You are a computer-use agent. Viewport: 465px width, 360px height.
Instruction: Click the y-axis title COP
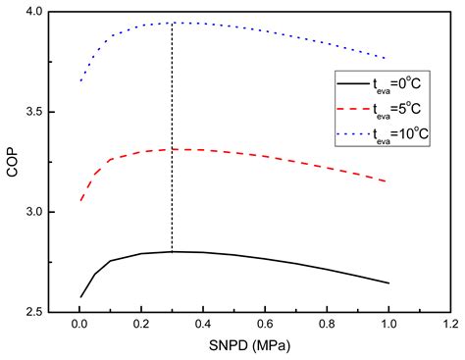coord(13,162)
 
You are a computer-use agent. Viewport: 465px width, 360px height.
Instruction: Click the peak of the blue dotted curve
coord(173,23)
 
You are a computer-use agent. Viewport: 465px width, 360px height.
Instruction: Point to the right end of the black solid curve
coord(389,283)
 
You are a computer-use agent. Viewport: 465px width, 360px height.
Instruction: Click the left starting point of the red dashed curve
coord(80,201)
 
